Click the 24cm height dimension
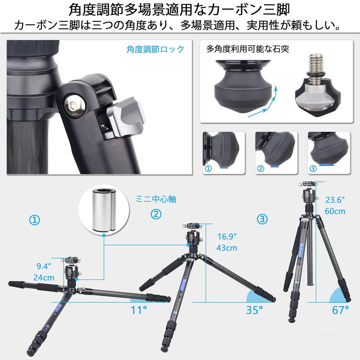[x=44, y=277]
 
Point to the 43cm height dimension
[x=226, y=248]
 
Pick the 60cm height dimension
[x=335, y=211]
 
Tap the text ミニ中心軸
[x=156, y=199]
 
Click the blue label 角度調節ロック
[x=155, y=49]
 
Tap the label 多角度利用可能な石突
[x=248, y=49]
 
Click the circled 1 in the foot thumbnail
[x=208, y=169]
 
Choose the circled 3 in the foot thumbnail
[x=313, y=169]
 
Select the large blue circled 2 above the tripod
[x=156, y=214]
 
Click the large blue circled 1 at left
[x=34, y=220]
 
